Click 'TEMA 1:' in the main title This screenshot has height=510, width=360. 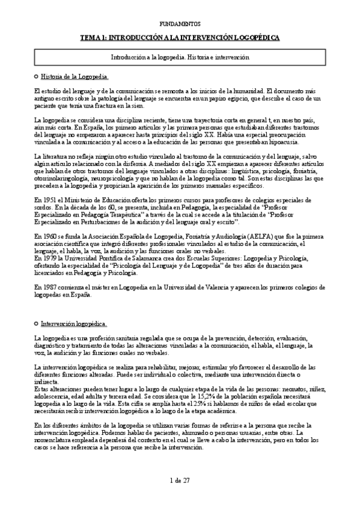pos(94,37)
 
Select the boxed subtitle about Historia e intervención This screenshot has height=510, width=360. pos(180,57)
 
